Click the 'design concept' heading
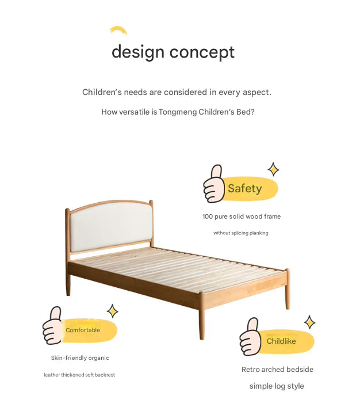coord(173,52)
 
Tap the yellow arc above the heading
coord(118,31)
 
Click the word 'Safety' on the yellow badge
coord(244,189)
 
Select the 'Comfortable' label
coord(83,330)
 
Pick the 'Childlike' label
coord(281,341)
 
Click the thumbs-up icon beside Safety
coord(215,184)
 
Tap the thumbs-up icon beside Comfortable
coord(53,326)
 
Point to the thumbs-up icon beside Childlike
coord(251,337)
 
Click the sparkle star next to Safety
coord(274,169)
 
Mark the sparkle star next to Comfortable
coord(113,311)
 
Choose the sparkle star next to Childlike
coord(310,322)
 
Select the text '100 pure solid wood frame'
coord(242,217)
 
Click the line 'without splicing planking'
coord(241,233)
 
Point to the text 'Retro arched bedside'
coord(277,370)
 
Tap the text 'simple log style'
coord(277,386)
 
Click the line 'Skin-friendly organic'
coord(80,358)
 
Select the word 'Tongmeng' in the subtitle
coord(177,112)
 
